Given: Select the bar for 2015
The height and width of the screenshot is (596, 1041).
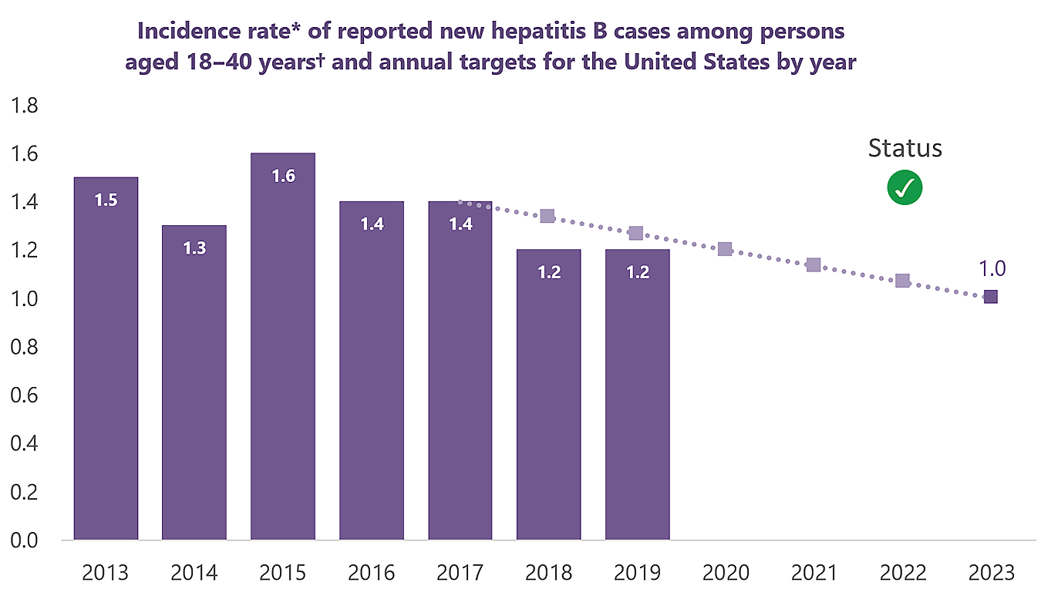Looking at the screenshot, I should coord(283,347).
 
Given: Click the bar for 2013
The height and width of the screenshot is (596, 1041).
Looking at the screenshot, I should coord(106,359).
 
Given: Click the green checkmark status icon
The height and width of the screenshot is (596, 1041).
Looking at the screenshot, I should coord(905,187).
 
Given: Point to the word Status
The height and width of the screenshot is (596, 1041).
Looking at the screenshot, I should coord(905,148).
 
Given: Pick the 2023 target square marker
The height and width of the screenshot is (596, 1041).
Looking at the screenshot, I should coord(991,297).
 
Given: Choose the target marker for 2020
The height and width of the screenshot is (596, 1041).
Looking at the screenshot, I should coord(725,249).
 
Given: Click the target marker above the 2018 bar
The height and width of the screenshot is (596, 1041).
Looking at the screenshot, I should coord(547,217).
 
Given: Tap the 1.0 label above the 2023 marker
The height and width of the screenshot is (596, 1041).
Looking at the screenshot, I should coord(992,269).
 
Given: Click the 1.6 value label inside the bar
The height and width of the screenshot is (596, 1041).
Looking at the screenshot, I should coord(283,176).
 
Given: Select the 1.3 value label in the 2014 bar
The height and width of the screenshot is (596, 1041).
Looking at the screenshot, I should coord(194,248).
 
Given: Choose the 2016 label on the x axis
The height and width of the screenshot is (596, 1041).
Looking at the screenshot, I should coord(372,573).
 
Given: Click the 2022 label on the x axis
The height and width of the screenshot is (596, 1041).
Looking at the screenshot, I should coord(902,573).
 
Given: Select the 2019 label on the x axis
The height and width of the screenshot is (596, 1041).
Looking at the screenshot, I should coord(637,573).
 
